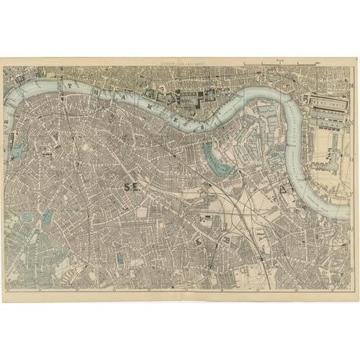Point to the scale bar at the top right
(x=280, y=64)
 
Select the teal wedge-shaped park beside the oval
(x=48, y=220)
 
